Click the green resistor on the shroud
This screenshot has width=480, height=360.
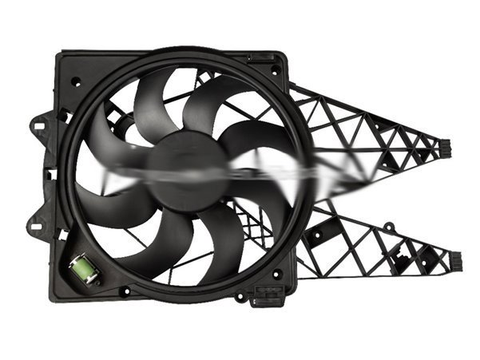(x=85, y=267)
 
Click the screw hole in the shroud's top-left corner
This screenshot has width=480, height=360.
(x=76, y=81)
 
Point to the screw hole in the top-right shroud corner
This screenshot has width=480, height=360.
(x=276, y=70)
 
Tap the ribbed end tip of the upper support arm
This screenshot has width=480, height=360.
(x=444, y=148)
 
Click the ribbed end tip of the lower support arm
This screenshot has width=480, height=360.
(x=454, y=260)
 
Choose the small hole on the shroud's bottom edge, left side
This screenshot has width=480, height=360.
(x=125, y=291)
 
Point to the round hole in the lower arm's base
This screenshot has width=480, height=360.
(x=317, y=235)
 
